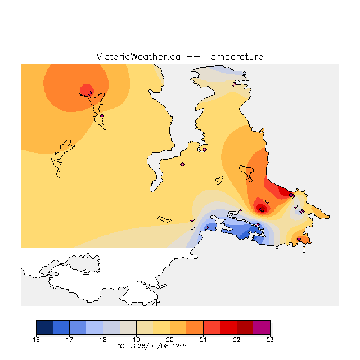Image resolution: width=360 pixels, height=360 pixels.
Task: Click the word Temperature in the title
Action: click(234, 56)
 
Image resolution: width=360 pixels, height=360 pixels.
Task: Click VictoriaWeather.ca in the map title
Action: click(138, 56)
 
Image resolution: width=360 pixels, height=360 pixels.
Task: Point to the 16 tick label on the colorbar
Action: click(36, 340)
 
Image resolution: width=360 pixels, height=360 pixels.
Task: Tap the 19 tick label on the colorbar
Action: click(136, 340)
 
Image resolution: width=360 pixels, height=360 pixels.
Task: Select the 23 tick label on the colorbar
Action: click(270, 340)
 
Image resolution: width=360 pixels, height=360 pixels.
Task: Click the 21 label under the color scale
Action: click(203, 340)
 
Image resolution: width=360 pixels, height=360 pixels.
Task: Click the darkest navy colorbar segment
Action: click(44, 327)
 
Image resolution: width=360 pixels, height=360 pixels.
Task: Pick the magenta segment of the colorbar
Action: click(262, 327)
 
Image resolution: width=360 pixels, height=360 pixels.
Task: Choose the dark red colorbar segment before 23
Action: click(245, 327)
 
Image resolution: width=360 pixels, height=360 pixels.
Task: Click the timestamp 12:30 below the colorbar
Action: click(181, 346)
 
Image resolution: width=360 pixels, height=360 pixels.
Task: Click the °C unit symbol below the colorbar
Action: click(121, 346)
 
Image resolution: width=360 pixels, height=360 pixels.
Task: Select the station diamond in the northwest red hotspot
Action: click(90, 93)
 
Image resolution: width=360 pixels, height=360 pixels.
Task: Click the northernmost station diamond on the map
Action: click(234, 84)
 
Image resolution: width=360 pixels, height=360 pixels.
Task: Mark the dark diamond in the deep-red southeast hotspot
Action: click(262, 209)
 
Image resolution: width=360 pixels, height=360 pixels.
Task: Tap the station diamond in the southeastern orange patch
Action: click(299, 238)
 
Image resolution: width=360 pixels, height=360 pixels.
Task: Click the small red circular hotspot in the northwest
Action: click(87, 90)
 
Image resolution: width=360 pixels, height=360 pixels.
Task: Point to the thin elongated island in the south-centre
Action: click(164, 219)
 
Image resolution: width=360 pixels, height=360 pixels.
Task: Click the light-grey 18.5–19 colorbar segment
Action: click(128, 327)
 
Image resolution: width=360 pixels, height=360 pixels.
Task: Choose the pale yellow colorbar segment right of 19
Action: click(145, 327)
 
